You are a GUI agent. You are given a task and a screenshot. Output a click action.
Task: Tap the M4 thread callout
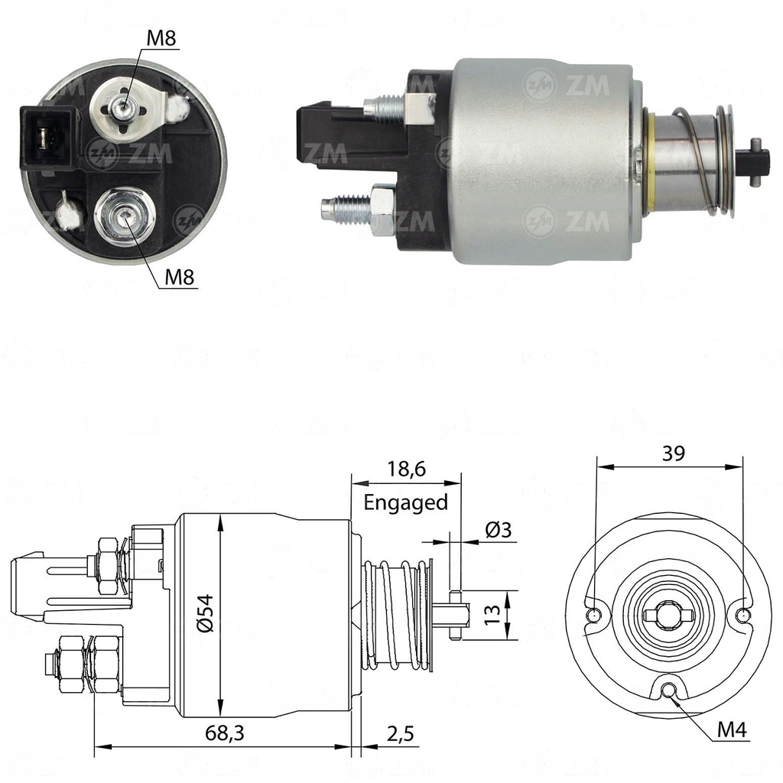coord(731,730)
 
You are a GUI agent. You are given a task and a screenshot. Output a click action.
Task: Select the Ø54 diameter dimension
coord(207,614)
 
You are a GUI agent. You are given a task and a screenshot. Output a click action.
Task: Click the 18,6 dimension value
coord(405,470)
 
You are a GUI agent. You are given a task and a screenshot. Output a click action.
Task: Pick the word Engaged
coord(405,502)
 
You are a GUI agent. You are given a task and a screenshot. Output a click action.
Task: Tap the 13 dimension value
coord(492,612)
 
